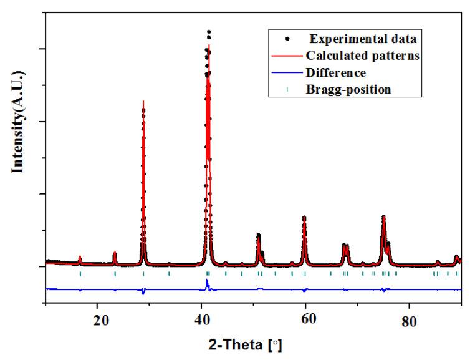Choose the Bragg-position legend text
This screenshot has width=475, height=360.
tap(348, 89)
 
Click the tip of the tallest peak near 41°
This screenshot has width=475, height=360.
tap(209, 31)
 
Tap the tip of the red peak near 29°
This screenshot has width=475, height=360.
tap(143, 101)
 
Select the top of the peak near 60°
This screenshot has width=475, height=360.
tap(304, 217)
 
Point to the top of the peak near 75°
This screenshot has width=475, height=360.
tap(383, 216)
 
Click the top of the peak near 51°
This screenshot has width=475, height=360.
tap(258, 234)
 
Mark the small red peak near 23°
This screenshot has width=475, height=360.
tap(115, 252)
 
